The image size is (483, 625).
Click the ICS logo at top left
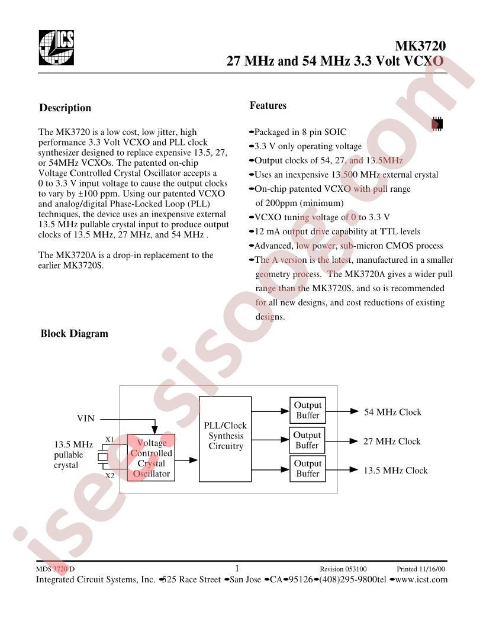[56, 47]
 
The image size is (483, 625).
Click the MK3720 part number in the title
[420, 46]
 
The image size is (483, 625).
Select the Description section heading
[65, 108]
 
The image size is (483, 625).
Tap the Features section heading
[268, 105]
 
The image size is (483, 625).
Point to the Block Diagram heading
[74, 333]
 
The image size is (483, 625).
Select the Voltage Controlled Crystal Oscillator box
[151, 458]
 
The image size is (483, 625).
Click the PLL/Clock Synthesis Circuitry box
[225, 439]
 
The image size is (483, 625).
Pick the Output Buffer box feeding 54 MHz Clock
[307, 410]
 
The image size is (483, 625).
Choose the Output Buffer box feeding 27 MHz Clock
[307, 440]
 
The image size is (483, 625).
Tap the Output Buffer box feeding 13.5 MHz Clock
[307, 469]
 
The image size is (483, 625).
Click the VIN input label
[86, 418]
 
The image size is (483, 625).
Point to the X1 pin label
[110, 439]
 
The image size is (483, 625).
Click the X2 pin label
[110, 475]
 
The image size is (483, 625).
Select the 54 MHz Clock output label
[392, 412]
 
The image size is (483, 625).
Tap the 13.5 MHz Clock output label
[395, 471]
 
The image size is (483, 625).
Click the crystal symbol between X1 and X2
[103, 457]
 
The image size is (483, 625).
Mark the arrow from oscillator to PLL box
[186, 460]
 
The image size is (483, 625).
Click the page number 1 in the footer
[237, 568]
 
